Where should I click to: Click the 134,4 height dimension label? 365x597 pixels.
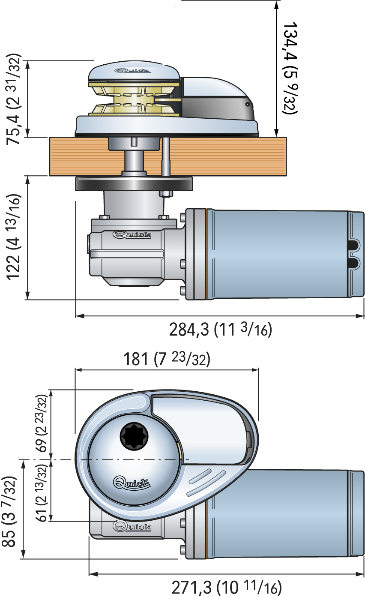point(289,68)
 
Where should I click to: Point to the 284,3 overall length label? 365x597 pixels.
point(220,330)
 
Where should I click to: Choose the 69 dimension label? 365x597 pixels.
point(41,423)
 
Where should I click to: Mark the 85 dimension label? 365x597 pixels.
point(10,511)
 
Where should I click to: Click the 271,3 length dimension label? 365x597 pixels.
point(227,587)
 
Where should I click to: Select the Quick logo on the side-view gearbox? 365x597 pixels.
point(132,234)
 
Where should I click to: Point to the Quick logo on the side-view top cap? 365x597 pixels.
point(132,71)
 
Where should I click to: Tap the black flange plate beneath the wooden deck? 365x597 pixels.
point(134,183)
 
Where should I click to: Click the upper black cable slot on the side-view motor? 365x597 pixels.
point(354,245)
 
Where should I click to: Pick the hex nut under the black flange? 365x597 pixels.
point(165,194)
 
